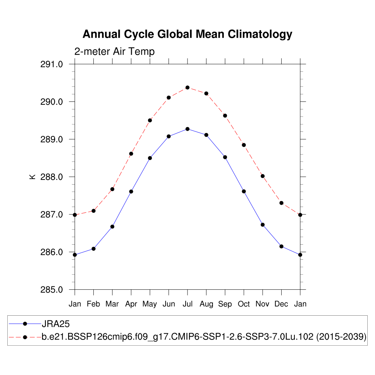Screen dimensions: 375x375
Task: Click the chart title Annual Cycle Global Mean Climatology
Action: (x=187, y=34)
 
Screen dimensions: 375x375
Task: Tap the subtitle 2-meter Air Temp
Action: (x=114, y=52)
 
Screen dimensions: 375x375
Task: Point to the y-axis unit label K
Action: (x=32, y=177)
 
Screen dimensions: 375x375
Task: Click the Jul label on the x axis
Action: (x=187, y=304)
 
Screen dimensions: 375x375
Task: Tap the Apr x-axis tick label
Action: (x=131, y=304)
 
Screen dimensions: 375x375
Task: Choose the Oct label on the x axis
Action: (x=244, y=304)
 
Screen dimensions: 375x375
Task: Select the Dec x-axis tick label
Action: (x=281, y=304)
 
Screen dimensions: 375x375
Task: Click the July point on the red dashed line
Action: (x=187, y=88)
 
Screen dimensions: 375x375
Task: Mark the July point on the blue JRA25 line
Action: (x=187, y=129)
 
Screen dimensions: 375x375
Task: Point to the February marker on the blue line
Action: (x=93, y=249)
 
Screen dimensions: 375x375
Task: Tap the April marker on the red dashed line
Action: (x=131, y=154)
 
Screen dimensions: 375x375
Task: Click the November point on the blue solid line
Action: (x=263, y=224)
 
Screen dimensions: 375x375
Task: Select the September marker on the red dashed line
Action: (x=225, y=116)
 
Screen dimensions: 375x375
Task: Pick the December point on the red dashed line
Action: (x=281, y=203)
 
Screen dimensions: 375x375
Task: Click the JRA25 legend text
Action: (x=55, y=323)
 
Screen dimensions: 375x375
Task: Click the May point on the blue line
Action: (x=150, y=158)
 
